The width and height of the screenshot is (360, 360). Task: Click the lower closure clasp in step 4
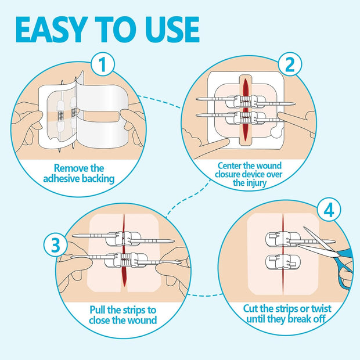click(x=282, y=261)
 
